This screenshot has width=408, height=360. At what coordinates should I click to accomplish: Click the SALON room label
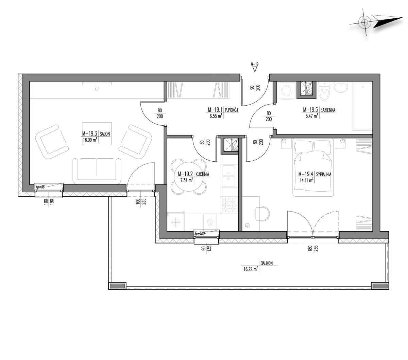click(105, 134)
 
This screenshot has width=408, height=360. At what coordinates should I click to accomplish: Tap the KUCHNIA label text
click(202, 174)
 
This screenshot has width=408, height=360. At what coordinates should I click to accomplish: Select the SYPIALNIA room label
click(323, 175)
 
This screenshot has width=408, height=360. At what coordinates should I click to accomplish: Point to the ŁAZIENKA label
click(328, 110)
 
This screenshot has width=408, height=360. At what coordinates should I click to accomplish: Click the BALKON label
click(267, 263)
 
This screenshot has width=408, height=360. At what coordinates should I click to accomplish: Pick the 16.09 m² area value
click(90, 140)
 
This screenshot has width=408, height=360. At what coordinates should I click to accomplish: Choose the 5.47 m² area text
click(312, 116)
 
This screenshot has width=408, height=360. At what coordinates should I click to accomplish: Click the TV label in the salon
click(97, 89)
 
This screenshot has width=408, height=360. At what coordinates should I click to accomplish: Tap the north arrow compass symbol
click(375, 22)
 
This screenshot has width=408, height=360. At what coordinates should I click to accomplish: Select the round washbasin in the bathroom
click(341, 87)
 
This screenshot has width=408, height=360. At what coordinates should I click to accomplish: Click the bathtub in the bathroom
click(362, 106)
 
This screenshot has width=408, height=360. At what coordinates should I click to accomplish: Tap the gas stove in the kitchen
click(229, 205)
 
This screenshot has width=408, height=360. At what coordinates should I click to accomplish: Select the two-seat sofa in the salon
click(97, 171)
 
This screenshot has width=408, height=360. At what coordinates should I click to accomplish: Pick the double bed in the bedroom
click(313, 167)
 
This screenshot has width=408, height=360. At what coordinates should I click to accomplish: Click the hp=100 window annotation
click(199, 234)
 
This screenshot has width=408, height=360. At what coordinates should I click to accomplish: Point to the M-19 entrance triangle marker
click(255, 69)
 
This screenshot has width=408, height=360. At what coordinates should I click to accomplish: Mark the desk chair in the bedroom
click(262, 213)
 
